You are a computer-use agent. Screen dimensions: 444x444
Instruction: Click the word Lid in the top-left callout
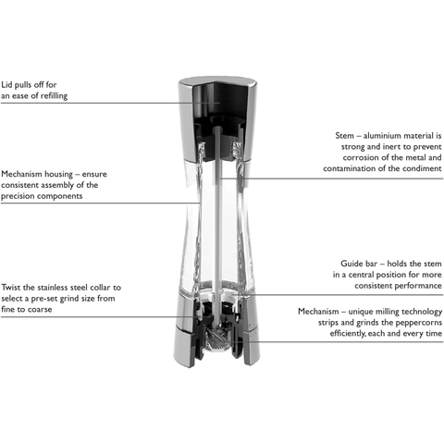tap(6, 84)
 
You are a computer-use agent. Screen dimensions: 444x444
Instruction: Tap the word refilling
tap(55, 96)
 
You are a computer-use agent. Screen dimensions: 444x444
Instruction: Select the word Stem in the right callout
tap(344, 136)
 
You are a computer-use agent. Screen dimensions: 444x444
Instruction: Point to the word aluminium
tap(381, 136)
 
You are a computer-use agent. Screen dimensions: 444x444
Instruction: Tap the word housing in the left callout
tap(58, 175)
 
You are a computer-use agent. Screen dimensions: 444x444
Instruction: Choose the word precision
tap(18, 196)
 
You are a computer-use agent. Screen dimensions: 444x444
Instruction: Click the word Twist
tap(11, 288)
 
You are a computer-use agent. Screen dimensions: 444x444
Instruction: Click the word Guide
tap(350, 264)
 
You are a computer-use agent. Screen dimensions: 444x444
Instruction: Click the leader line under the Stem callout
tap(331, 179)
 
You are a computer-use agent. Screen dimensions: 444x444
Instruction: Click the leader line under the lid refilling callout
tap(110, 103)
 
